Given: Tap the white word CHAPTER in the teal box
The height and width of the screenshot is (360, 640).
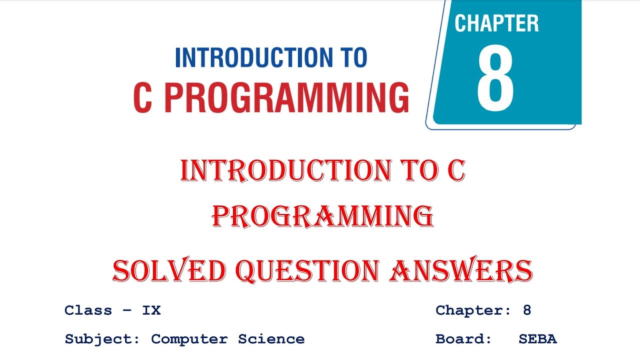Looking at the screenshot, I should click(x=496, y=23).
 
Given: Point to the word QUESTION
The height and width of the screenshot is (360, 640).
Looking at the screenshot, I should click(x=307, y=271).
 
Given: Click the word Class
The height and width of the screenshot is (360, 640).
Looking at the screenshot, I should click(x=88, y=310).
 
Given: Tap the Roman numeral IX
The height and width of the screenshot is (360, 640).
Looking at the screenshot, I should click(x=151, y=310).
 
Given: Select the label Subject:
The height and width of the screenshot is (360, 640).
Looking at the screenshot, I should click(x=102, y=339).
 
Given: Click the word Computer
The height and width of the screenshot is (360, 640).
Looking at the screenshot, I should click(x=189, y=339).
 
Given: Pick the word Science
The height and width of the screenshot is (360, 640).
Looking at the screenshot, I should click(x=271, y=339).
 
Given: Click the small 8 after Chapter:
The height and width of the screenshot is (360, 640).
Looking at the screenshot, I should click(x=527, y=310).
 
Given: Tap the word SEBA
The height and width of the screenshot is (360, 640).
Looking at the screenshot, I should click(x=538, y=339).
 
